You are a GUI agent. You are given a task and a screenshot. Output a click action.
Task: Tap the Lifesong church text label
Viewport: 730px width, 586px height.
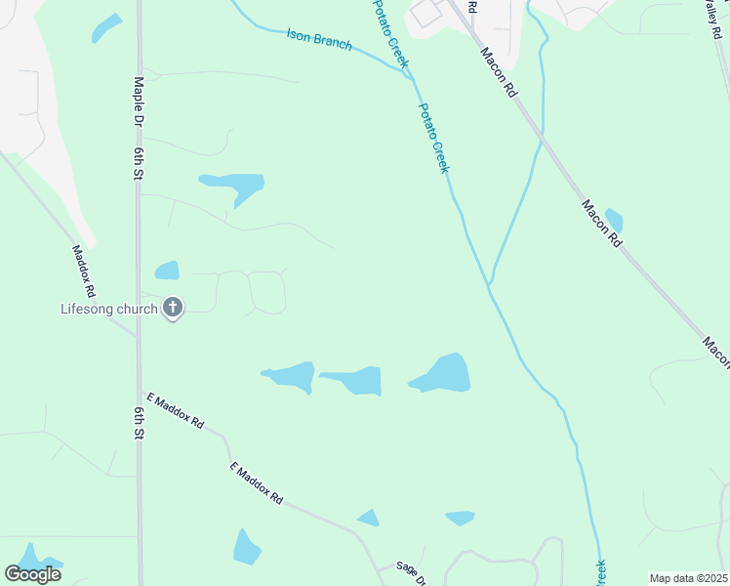[109, 310]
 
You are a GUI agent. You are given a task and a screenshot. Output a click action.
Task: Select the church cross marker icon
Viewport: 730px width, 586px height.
[173, 310]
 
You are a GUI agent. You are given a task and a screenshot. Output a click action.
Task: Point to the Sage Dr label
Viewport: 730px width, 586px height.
[411, 572]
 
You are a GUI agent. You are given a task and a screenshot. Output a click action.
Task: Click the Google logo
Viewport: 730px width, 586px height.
[33, 573]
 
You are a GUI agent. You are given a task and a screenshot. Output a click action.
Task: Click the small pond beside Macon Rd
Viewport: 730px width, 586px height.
[614, 221]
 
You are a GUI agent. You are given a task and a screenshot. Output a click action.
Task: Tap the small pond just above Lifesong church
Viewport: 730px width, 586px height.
[168, 270]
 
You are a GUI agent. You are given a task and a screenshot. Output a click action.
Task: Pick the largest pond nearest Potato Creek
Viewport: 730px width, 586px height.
[443, 374]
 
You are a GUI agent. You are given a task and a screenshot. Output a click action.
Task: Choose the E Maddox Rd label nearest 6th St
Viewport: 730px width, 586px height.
[175, 411]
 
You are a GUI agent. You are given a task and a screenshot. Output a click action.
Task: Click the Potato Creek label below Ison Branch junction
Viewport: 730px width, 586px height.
[434, 138]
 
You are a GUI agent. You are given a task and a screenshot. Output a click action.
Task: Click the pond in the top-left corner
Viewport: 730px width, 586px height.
[106, 27]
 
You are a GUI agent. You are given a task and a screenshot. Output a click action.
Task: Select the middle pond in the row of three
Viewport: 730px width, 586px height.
[354, 380]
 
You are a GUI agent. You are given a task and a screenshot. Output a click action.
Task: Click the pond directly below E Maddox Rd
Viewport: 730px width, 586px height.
[246, 547]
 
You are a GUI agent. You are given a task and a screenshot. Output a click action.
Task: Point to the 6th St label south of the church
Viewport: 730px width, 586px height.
[140, 420]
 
